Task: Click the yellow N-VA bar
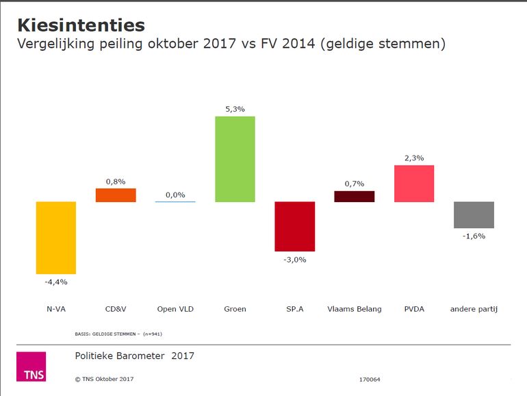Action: point(55,238)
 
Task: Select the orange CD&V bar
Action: point(116,195)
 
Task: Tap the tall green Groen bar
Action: point(235,159)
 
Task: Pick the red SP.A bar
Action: point(294,226)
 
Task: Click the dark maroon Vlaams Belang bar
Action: point(354,197)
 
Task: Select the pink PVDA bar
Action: point(414,184)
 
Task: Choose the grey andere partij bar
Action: point(474,214)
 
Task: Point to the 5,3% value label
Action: point(235,108)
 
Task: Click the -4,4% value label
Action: point(56,282)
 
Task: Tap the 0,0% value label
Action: point(175,195)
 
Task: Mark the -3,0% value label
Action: point(295,259)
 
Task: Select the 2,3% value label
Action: point(414,158)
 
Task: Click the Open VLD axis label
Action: point(175,309)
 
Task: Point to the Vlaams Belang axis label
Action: point(354,309)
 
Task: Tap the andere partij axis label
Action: point(474,309)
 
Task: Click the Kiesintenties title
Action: point(80,25)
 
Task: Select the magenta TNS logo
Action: point(31,367)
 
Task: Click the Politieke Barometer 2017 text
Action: point(134,356)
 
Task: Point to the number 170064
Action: point(369,379)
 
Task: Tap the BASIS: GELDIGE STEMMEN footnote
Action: point(118,334)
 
